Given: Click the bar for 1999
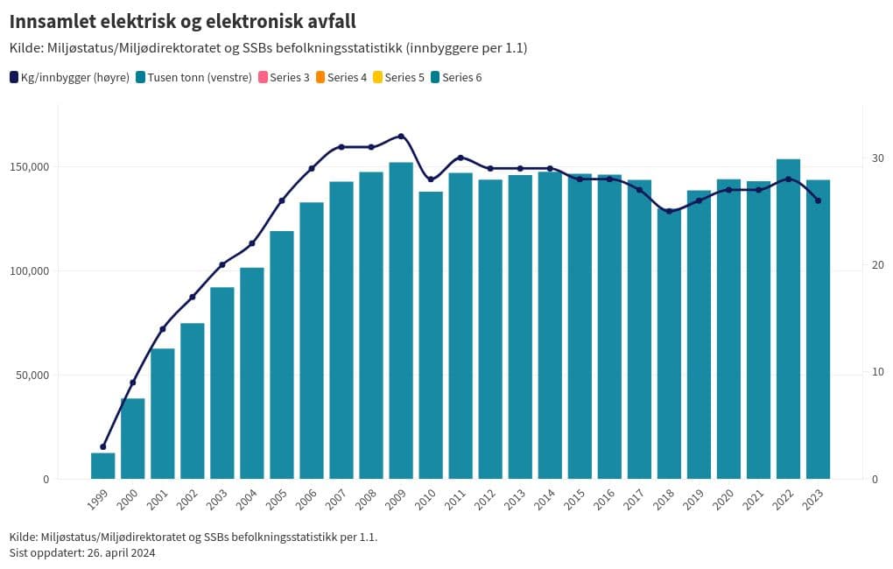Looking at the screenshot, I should (x=103, y=466).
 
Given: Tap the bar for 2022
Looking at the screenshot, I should (x=788, y=319).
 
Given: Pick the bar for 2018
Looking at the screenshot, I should (x=669, y=343).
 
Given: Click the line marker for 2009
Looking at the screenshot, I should (x=401, y=137).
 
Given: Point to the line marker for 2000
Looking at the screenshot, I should (x=133, y=383).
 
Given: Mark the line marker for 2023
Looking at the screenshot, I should (x=818, y=200).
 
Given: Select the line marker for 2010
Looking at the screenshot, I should (x=431, y=179).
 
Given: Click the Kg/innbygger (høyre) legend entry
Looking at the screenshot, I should (x=70, y=77).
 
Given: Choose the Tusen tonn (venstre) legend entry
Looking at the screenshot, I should (x=193, y=77).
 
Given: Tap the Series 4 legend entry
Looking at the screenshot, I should (x=341, y=77).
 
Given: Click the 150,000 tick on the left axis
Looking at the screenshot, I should (x=32, y=167).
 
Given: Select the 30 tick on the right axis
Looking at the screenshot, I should (x=877, y=158).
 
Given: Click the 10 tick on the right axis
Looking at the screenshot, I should (x=877, y=372).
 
